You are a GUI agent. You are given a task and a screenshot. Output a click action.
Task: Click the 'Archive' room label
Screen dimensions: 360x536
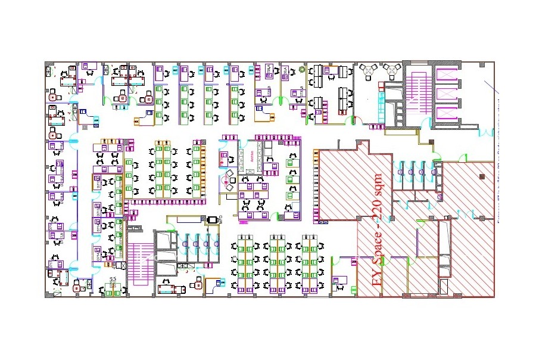click(253, 157)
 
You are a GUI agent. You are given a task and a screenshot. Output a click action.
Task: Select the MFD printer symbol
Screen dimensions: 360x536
click(211, 220)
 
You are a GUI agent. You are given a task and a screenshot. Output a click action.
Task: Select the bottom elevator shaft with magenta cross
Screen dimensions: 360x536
click(446, 113)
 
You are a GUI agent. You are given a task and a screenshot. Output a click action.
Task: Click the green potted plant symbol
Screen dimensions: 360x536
click(302, 70)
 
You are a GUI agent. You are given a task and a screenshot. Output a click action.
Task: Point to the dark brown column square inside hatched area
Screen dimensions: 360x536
click(482, 176)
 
